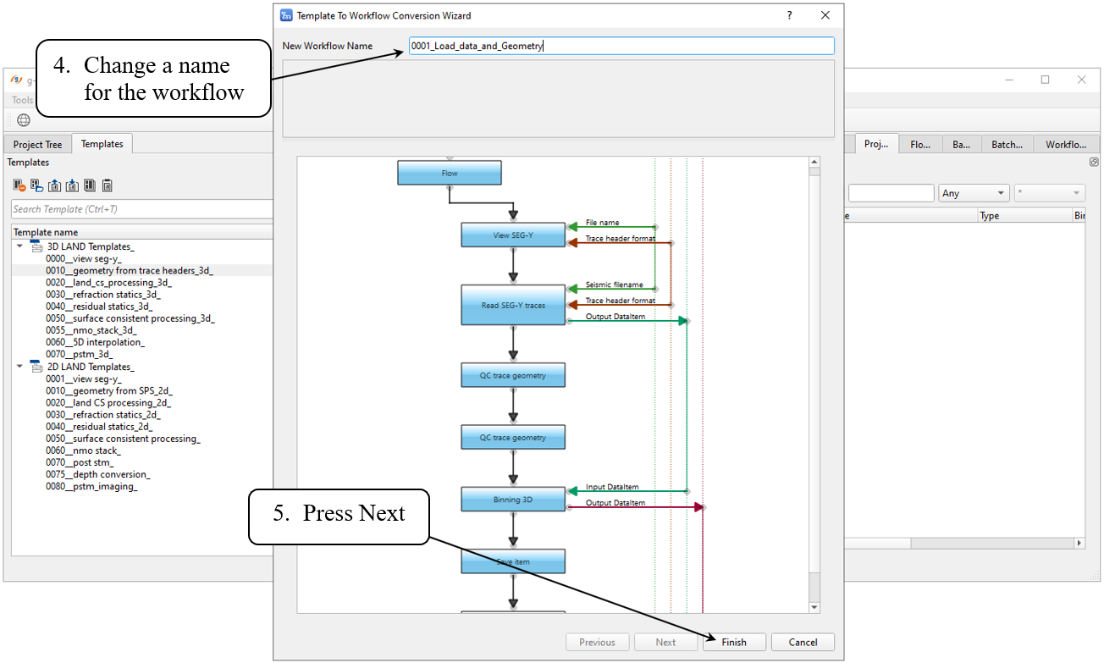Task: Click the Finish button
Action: click(x=734, y=642)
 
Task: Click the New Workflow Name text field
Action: click(x=621, y=46)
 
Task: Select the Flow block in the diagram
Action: click(x=450, y=173)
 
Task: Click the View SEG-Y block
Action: click(x=513, y=235)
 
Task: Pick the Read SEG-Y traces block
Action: click(x=513, y=305)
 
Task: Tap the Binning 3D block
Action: click(x=513, y=500)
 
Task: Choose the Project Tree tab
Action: click(x=37, y=144)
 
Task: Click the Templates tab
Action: click(x=102, y=144)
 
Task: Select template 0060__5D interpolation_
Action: click(x=95, y=342)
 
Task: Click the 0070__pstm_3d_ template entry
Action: click(x=79, y=354)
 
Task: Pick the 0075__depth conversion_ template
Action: click(x=97, y=474)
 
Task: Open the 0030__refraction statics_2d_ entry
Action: click(x=102, y=415)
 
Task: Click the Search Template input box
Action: click(x=141, y=209)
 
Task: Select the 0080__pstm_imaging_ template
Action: click(x=91, y=487)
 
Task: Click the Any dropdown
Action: click(x=974, y=193)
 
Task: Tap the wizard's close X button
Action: click(x=825, y=15)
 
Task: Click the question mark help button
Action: click(x=789, y=15)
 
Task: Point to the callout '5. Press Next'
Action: click(x=339, y=515)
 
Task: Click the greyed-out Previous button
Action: click(x=597, y=642)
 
